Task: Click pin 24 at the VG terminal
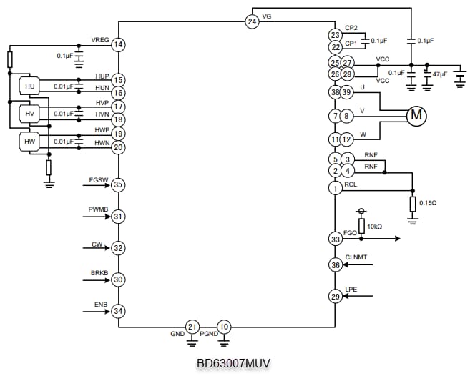point(252,21)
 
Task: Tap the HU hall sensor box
point(29,86)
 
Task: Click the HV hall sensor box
point(29,114)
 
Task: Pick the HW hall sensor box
point(29,142)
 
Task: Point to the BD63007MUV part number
point(233,363)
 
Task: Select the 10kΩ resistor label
point(374,227)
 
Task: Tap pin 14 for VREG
point(119,45)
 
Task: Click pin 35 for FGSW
point(119,185)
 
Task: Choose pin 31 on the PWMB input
point(119,217)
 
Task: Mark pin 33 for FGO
point(335,239)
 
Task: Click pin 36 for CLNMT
point(335,264)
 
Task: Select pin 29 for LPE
point(335,296)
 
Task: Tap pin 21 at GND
point(192,327)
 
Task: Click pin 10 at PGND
point(224,327)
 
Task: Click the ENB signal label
point(101,305)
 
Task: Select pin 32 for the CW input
point(119,248)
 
